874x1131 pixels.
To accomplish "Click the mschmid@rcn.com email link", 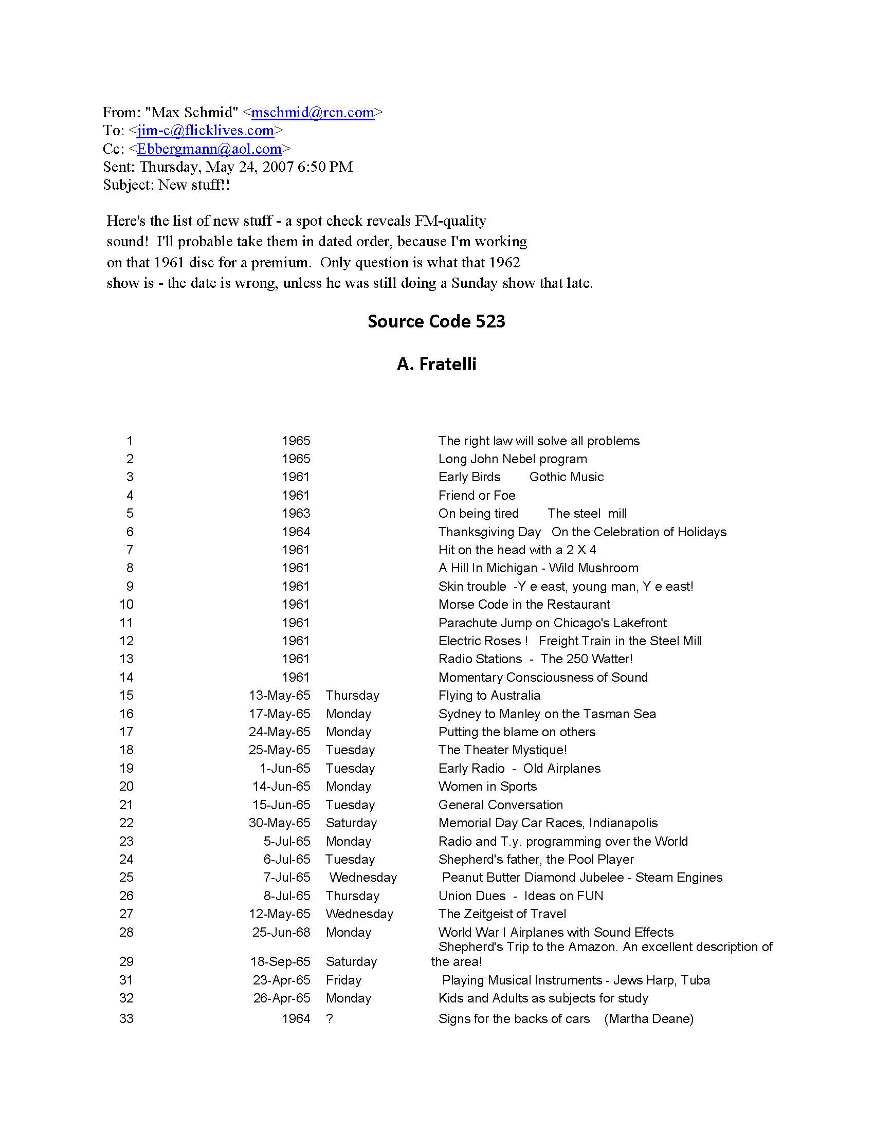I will click(x=313, y=113).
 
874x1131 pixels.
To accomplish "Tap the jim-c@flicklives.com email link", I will click(x=206, y=131).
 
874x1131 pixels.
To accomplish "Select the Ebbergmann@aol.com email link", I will click(x=209, y=149).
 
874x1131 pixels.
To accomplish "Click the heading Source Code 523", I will click(x=436, y=322).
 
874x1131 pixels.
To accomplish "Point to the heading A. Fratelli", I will click(x=436, y=364).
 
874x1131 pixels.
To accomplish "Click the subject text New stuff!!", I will click(x=194, y=185).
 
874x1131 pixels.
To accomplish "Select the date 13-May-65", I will click(x=280, y=696).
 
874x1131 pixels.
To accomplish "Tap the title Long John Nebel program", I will click(x=513, y=459).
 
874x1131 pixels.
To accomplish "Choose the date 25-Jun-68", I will click(x=281, y=932).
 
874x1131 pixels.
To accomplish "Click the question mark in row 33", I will click(x=330, y=1018).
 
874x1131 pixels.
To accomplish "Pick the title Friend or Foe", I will click(x=477, y=496).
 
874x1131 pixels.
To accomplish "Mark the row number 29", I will click(x=126, y=962).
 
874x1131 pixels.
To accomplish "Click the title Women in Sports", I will click(x=487, y=786).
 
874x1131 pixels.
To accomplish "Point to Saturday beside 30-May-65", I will click(x=351, y=823).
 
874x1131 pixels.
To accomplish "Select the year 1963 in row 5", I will click(x=296, y=513).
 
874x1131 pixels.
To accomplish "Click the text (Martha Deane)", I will click(x=649, y=1018).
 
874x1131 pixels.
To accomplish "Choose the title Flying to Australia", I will click(x=489, y=696).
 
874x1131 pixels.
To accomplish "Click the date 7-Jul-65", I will click(x=287, y=877).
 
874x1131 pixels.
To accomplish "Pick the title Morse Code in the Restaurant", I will click(x=524, y=605).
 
